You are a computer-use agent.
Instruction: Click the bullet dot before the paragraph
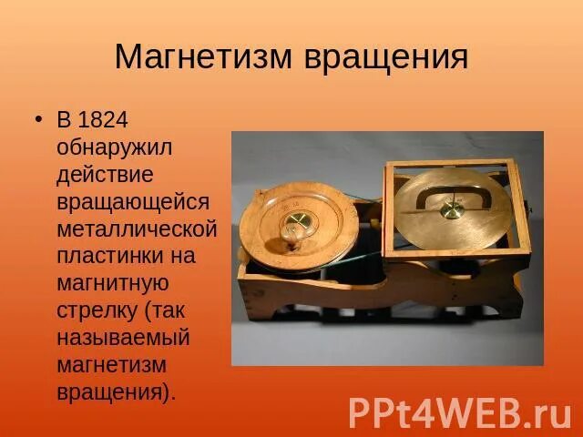pos(38,120)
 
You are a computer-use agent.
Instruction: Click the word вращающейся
pos(132,202)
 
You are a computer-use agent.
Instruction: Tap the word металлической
pos(137,229)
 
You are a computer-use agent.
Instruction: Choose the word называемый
pos(123,338)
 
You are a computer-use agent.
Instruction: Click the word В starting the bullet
pos(64,120)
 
